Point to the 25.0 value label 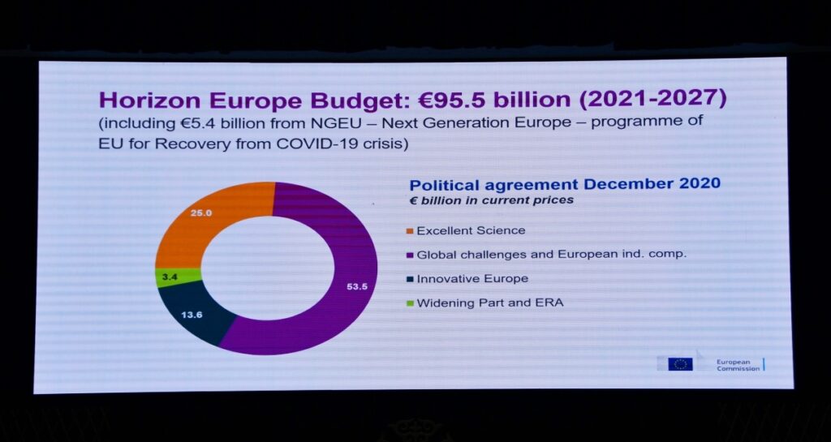[x=201, y=213]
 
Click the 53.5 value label [x=357, y=286]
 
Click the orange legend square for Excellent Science [x=409, y=231]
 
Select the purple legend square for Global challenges [x=409, y=255]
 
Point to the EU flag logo [x=680, y=363]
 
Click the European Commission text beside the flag [x=738, y=364]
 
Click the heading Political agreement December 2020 [x=564, y=183]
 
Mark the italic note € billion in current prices [x=491, y=200]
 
